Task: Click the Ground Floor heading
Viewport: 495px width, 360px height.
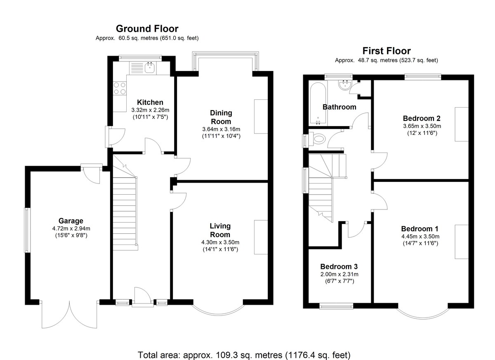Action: pos(147,29)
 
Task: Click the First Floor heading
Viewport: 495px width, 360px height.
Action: pos(386,51)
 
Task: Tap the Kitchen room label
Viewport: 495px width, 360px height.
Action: pos(150,102)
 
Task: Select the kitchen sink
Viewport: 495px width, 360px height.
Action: pos(149,68)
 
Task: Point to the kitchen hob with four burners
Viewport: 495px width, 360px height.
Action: pos(120,88)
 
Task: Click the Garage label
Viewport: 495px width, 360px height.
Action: pos(71,221)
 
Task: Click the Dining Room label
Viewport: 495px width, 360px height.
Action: pos(221,117)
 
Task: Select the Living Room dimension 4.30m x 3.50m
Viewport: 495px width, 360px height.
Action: pos(220,242)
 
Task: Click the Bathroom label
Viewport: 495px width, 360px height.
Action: pos(339,107)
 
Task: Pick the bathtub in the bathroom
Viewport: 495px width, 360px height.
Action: pos(318,103)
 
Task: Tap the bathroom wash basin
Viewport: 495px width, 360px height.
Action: pos(344,85)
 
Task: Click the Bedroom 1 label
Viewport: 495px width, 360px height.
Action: pos(420,229)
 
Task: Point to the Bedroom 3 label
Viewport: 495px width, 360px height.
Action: pos(339,266)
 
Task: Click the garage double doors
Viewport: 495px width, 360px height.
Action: pos(70,315)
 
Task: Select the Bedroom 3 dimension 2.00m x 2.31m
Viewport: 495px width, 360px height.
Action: pos(339,274)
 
